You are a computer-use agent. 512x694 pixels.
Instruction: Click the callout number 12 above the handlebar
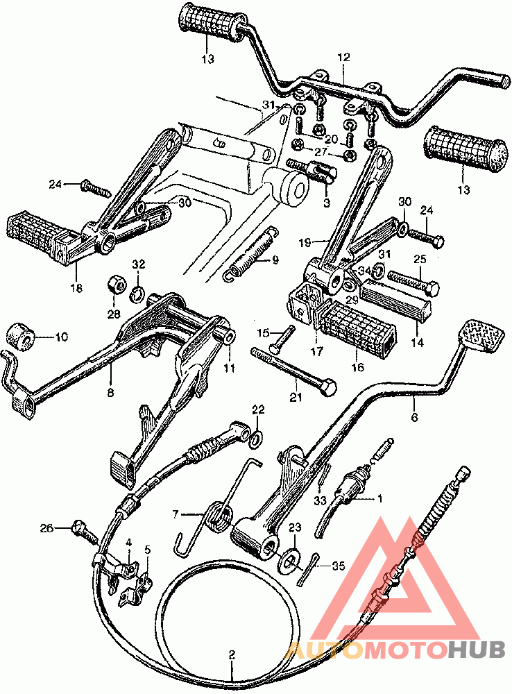(343, 57)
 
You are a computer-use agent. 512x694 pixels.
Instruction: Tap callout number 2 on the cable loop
(232, 654)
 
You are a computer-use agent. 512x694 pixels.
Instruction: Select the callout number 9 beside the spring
(275, 260)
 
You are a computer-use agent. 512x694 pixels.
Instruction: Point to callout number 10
(62, 337)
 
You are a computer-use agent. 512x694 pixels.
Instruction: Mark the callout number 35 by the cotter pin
(338, 566)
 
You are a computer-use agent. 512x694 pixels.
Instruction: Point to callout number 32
(138, 264)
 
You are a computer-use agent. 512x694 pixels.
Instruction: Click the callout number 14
(417, 342)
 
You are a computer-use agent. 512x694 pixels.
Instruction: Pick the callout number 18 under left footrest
(76, 288)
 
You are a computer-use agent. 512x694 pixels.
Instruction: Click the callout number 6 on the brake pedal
(414, 416)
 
